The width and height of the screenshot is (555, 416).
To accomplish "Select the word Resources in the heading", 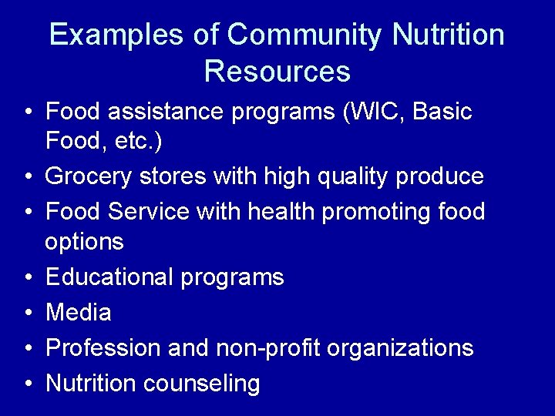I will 277,72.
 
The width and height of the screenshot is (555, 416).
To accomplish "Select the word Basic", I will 443,112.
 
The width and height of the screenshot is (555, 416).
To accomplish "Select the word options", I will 85,243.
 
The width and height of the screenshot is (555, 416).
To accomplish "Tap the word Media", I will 79,312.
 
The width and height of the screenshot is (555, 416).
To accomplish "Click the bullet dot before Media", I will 27,313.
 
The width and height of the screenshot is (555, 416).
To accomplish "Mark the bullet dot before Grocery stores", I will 27,177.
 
